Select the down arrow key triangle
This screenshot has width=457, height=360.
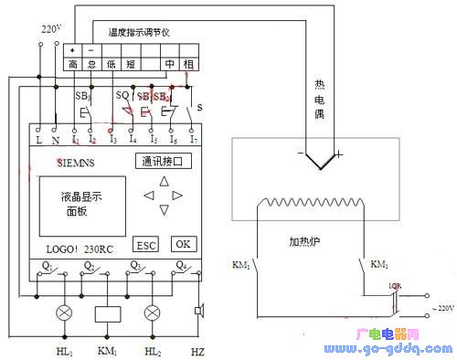coord(165,211)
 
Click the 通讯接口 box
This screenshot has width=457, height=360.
coord(165,162)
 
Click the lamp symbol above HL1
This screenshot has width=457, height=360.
coord(65,312)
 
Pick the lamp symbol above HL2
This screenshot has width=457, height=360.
coord(153,312)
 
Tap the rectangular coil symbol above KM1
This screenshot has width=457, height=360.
coord(109,313)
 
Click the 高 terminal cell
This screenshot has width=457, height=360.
coord(73,63)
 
